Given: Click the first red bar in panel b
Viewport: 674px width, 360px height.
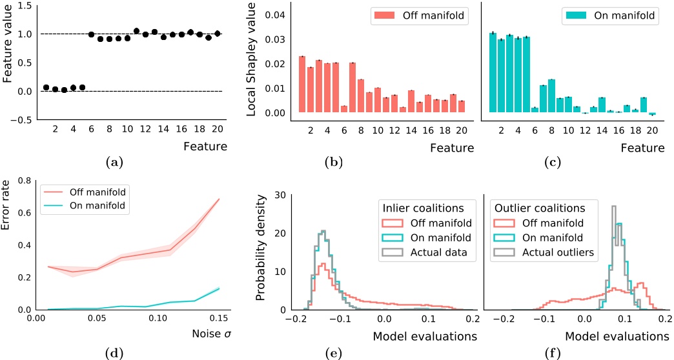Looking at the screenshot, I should tap(301, 85).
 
